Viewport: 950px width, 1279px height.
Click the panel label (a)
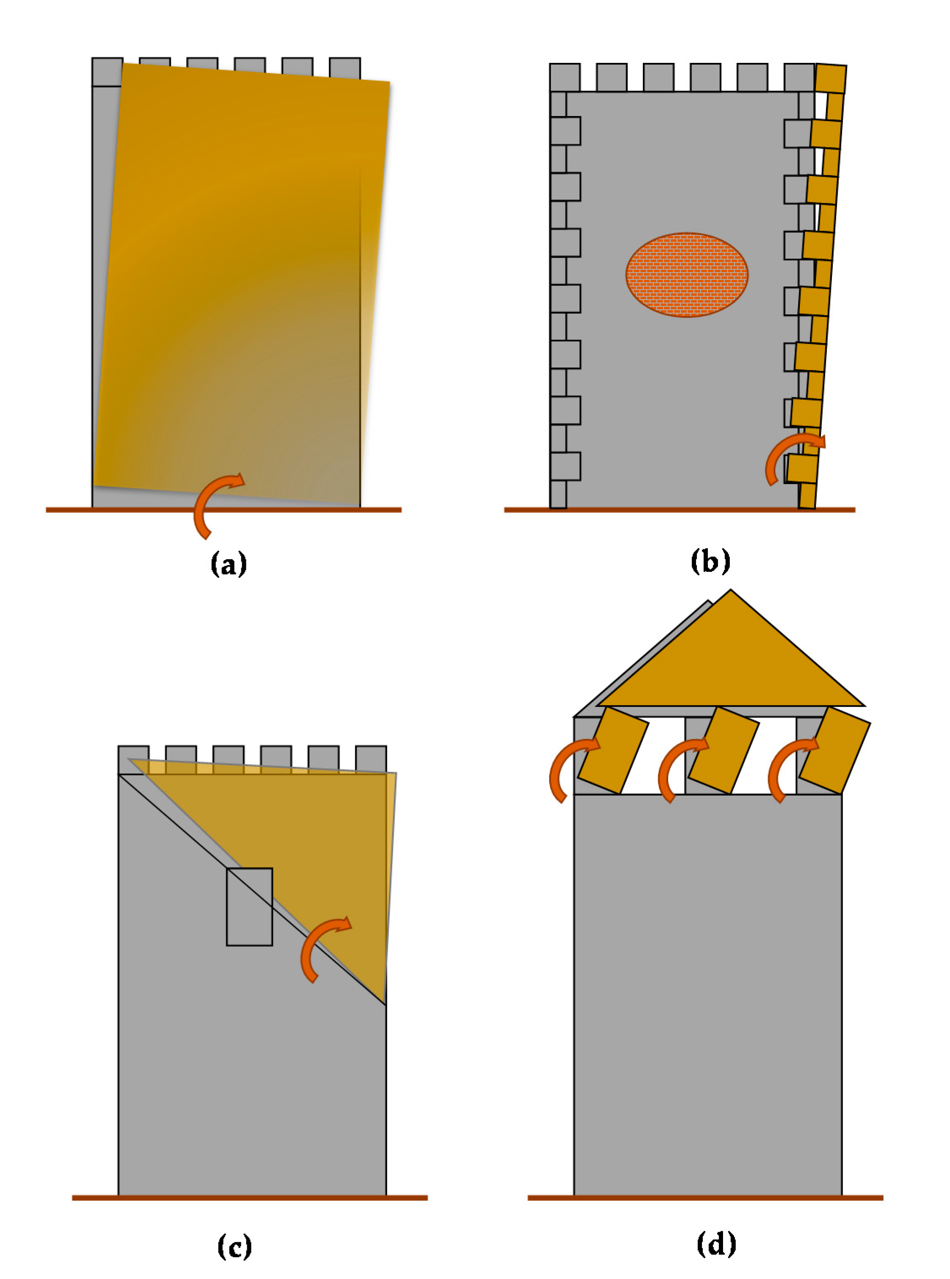click(229, 564)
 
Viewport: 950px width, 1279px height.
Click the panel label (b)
click(710, 561)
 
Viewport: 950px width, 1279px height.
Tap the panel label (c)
click(235, 1246)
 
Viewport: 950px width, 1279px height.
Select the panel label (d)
click(716, 1244)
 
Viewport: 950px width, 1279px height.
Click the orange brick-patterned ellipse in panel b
click(687, 275)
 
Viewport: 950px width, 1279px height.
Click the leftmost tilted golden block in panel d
click(613, 751)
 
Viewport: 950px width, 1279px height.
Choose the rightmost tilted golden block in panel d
click(834, 751)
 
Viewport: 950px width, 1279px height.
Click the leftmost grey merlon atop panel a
click(108, 71)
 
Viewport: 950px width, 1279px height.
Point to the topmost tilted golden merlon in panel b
click(830, 79)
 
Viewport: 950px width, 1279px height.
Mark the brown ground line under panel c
click(250, 1198)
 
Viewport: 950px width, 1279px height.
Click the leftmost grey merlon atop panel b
click(565, 77)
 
